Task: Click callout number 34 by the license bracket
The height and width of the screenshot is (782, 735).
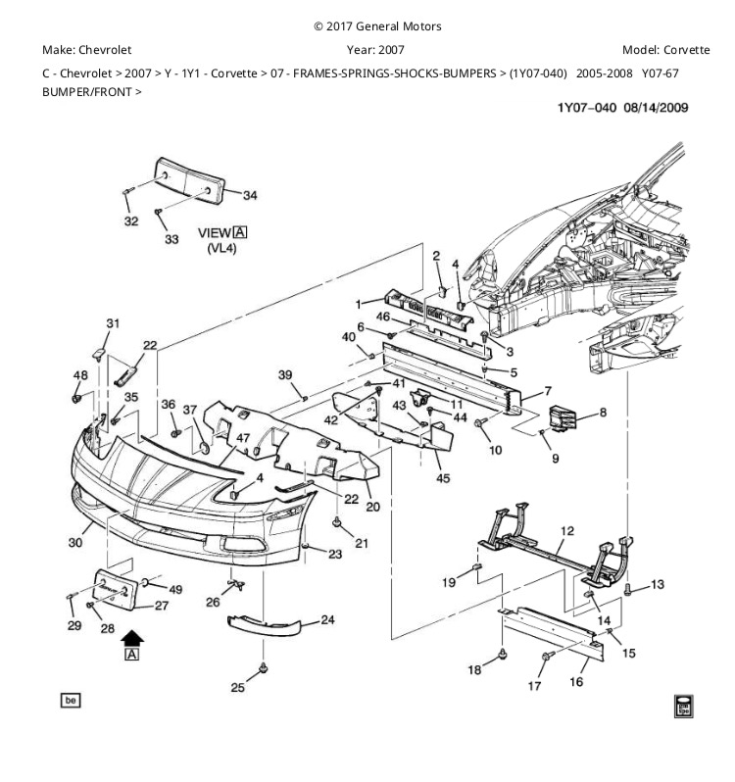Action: pos(250,195)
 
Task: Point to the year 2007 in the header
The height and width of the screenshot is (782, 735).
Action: pos(389,49)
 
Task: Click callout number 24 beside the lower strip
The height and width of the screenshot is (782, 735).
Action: pos(327,619)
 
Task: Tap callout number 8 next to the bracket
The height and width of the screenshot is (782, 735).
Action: pos(602,413)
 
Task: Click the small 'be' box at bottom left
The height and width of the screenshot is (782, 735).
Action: pos(70,700)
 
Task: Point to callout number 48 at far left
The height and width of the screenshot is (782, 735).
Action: pos(79,375)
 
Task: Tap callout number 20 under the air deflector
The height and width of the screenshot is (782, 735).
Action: pos(372,507)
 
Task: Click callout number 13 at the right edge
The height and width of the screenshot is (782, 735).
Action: pos(657,585)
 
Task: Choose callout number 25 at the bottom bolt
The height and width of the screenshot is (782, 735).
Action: pos(237,687)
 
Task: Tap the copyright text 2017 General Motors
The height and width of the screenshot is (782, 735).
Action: pos(376,26)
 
